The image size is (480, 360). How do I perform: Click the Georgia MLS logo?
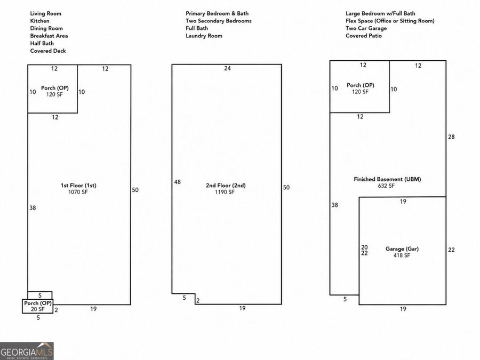tap(27, 351)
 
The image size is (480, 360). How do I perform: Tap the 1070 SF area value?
tap(78, 192)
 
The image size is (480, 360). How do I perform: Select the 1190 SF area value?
tap(225, 192)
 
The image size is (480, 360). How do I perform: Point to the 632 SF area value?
tap(386, 186)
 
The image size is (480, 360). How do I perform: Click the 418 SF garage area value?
tap(402, 255)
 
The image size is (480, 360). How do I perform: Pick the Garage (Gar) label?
tap(402, 249)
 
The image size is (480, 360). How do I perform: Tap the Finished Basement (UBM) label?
tap(387, 179)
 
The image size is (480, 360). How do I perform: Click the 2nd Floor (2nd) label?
tap(226, 185)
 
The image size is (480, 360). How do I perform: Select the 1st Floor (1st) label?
tap(78, 185)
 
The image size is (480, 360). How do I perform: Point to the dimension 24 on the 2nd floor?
tap(227, 68)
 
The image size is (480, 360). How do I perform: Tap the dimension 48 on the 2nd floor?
tap(177, 182)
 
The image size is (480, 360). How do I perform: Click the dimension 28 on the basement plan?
tap(451, 137)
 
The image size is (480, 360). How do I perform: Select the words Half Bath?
tap(42, 43)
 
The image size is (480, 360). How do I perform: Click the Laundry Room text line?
tap(204, 36)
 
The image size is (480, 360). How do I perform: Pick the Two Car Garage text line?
tap(366, 28)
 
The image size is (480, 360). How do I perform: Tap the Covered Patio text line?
tap(364, 36)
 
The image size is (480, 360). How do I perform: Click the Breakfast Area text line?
tap(49, 36)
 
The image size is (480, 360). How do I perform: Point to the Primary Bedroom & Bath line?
tap(217, 13)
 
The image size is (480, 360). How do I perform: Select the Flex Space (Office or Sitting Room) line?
tap(390, 21)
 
